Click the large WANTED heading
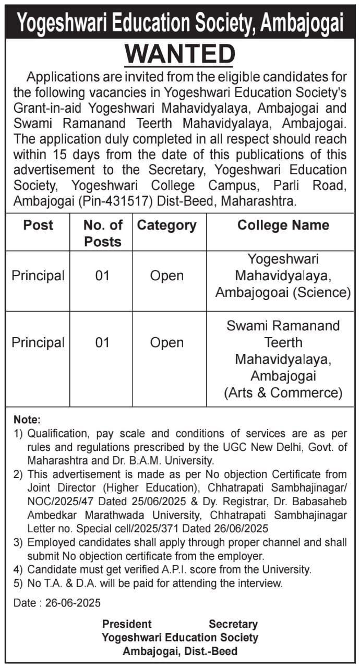[180, 54]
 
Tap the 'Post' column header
[38, 225]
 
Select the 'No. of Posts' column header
[103, 233]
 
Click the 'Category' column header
[167, 225]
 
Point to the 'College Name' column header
[283, 225]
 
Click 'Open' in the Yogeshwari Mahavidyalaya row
[167, 276]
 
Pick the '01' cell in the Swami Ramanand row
[103, 342]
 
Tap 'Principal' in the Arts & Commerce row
[38, 342]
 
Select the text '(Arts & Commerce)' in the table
[283, 392]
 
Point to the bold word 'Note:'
[27, 420]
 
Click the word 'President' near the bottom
[127, 624]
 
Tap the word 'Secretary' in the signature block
[233, 624]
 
